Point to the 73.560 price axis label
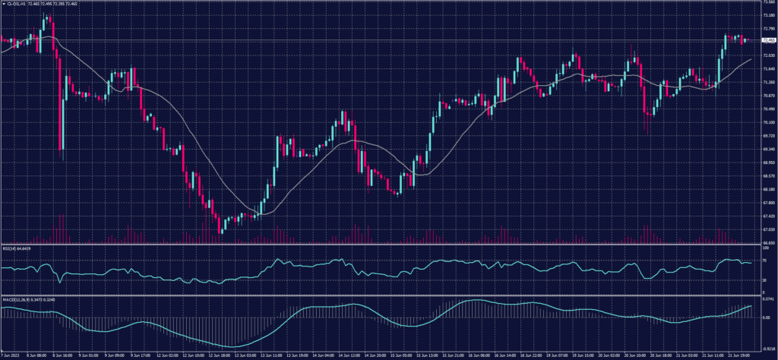(768, 3)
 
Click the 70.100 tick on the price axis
(768, 122)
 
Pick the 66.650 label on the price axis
(768, 243)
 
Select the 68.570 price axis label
(768, 176)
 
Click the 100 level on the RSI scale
(764, 248)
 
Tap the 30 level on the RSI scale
(764, 280)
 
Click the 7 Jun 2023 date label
(10, 355)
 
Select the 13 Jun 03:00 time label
(245, 355)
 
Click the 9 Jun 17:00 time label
(141, 355)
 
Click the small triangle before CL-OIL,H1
(3, 5)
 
